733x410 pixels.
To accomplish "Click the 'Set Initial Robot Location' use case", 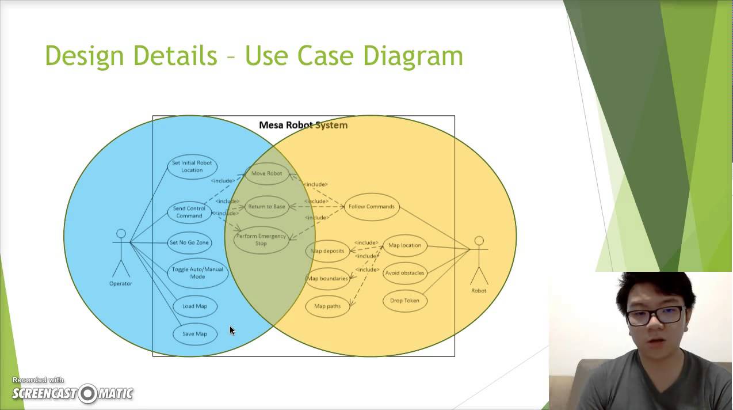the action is (x=192, y=166).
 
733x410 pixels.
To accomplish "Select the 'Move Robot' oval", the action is (x=266, y=173).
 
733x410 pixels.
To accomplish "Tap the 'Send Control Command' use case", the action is (x=189, y=212).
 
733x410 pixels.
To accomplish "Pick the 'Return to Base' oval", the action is (x=266, y=207).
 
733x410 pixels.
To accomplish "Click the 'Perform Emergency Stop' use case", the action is (x=261, y=240).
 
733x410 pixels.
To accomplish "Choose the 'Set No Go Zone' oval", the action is (x=189, y=242).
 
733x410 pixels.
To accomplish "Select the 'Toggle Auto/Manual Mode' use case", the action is (x=197, y=273).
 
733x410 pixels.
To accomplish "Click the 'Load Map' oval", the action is (x=194, y=306).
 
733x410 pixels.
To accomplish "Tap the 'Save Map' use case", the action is (x=194, y=334).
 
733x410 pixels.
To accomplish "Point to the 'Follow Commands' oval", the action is (x=372, y=207).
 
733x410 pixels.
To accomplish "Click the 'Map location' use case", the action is (x=404, y=245).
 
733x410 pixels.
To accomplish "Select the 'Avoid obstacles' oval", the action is (x=404, y=273).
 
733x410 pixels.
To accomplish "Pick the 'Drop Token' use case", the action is (x=404, y=301).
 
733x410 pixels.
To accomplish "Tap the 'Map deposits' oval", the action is (x=327, y=251).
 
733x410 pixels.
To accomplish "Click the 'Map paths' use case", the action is (x=327, y=306).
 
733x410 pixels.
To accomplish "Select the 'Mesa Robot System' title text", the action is (x=303, y=125).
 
